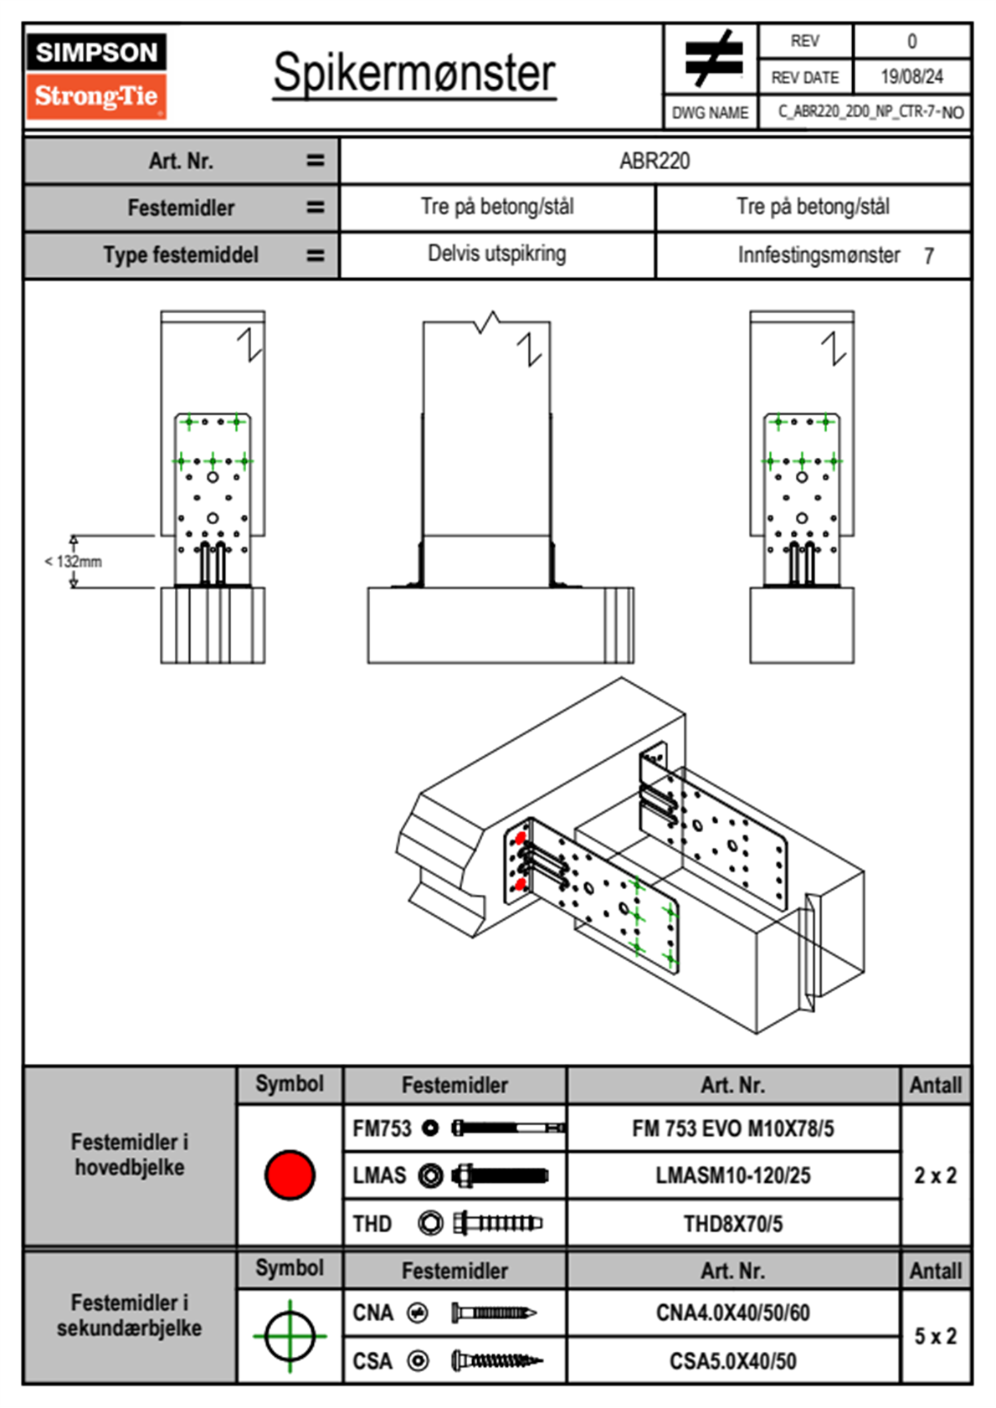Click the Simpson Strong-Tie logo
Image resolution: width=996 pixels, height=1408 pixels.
96,75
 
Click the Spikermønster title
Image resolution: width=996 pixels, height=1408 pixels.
414,73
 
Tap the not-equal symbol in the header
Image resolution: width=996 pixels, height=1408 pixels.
713,59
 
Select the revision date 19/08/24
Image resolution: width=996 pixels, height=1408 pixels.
911,77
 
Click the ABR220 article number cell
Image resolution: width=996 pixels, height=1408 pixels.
655,162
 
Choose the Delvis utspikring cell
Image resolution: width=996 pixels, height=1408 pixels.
496,254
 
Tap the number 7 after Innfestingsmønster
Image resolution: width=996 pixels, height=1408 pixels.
929,256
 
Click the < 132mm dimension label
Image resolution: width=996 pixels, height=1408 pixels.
74,562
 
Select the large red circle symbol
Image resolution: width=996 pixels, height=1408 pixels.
290,1174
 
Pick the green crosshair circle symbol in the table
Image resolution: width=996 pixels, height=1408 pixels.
290,1336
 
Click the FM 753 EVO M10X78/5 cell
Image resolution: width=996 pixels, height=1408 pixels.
732,1129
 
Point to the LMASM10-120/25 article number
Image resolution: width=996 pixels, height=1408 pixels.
732,1176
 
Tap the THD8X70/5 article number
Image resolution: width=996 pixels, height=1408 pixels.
732,1224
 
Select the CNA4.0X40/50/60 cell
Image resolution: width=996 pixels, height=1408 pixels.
732,1313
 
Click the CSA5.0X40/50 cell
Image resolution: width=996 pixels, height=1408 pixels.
732,1361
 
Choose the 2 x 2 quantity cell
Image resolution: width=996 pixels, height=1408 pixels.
935,1175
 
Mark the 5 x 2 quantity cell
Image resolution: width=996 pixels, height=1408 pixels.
935,1336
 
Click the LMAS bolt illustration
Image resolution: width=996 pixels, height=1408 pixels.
500,1176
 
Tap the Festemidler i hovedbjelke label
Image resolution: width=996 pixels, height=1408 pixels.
130,1154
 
